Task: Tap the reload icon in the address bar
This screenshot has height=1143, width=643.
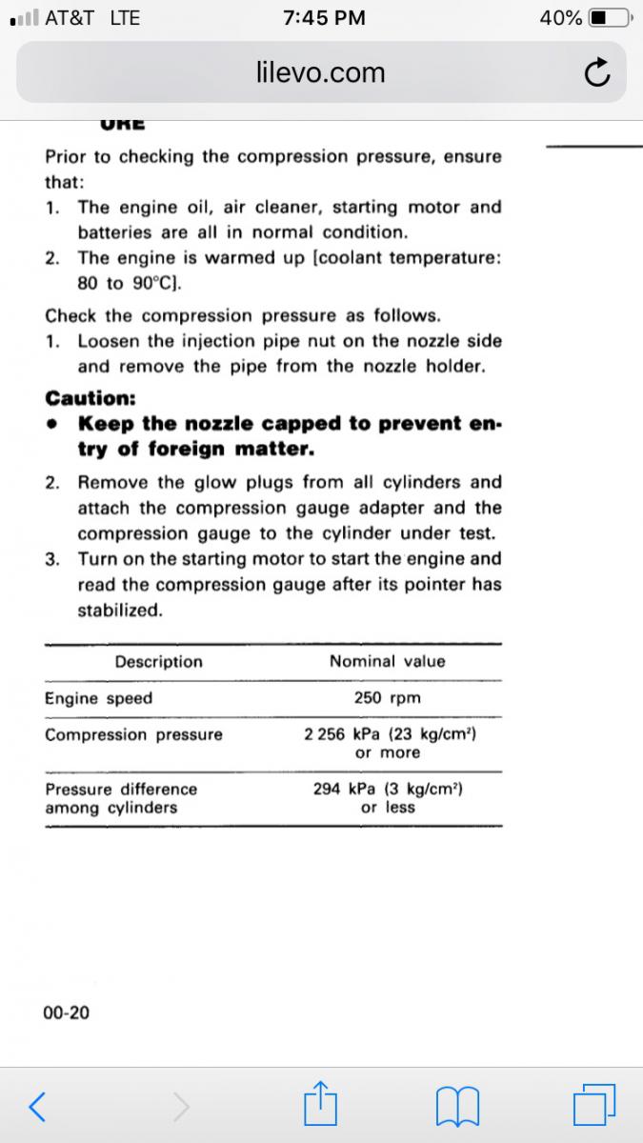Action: point(595,72)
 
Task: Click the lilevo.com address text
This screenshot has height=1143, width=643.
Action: point(321,72)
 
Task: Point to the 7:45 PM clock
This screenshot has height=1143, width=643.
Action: point(324,18)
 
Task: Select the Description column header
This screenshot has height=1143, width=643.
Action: point(159,661)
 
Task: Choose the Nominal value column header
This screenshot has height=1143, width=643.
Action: point(387,661)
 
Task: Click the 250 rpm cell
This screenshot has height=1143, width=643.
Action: point(387,698)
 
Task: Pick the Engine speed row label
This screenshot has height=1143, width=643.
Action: point(99,698)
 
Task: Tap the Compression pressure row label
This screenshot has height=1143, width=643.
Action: point(134,734)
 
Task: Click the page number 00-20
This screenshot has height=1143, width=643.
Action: point(67,1013)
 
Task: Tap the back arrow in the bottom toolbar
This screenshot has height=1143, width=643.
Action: point(37,1105)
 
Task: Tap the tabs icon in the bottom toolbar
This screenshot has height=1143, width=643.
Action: point(595,1105)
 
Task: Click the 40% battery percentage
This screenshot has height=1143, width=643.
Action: point(560,18)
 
